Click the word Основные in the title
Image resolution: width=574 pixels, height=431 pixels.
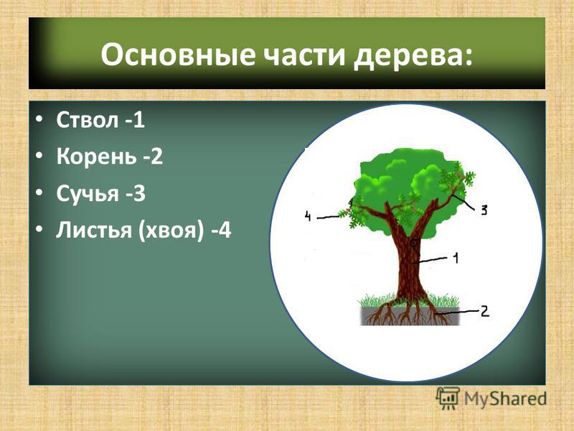tap(177, 55)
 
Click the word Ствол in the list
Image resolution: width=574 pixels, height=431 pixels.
tap(88, 119)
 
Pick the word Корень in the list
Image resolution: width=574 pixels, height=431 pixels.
tap(95, 156)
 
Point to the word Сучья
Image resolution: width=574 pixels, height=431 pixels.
tap(88, 194)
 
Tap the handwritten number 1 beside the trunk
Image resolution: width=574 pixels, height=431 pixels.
tap(456, 259)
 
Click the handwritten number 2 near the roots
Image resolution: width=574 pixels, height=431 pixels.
tap(484, 311)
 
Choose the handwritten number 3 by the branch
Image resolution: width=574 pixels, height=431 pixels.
tap(484, 210)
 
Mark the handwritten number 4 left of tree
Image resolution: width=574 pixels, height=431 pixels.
tap(308, 216)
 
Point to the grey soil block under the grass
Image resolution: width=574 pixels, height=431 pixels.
tap(410, 316)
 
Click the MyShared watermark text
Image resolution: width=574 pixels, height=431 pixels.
tap(505, 399)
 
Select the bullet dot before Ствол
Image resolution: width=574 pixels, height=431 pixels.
tap(39, 120)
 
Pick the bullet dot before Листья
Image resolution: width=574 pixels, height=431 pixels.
tap(39, 230)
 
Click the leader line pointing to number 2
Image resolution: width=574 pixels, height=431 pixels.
tap(458, 312)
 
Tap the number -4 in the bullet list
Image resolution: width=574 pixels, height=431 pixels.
tap(221, 231)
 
